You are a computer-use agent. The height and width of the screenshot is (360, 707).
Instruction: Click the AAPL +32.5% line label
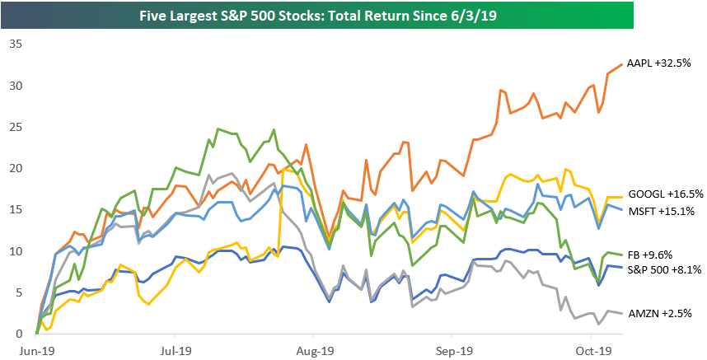point(659,63)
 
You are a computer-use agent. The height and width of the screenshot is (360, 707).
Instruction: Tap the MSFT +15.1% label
point(659,212)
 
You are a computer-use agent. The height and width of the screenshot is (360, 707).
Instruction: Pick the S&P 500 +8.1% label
point(664,269)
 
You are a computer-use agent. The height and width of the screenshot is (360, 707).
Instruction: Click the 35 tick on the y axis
point(15,44)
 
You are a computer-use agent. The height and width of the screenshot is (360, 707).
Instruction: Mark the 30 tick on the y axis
point(15,86)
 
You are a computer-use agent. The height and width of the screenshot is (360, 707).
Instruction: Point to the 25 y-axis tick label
point(15,127)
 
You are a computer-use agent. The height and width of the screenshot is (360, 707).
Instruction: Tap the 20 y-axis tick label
point(15,168)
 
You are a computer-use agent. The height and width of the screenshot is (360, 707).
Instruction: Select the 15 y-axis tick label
point(15,210)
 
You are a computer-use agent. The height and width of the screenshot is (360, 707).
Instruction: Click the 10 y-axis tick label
point(15,251)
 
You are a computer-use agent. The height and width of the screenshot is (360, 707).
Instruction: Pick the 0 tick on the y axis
point(18,334)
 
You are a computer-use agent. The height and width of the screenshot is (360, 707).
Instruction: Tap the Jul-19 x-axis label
point(175,348)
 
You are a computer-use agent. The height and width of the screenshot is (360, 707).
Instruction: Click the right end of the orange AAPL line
point(622,64)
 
